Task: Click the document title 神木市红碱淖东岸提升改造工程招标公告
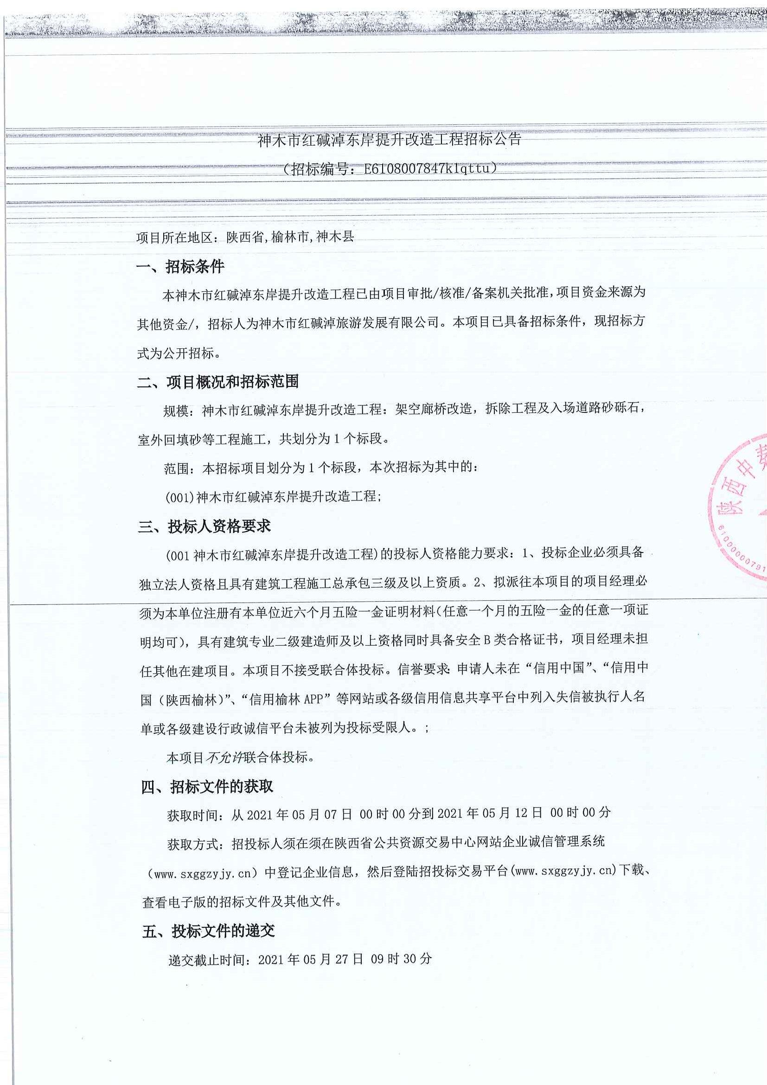tap(389, 141)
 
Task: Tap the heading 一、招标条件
tap(180, 267)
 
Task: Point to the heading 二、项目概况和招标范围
tap(218, 382)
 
